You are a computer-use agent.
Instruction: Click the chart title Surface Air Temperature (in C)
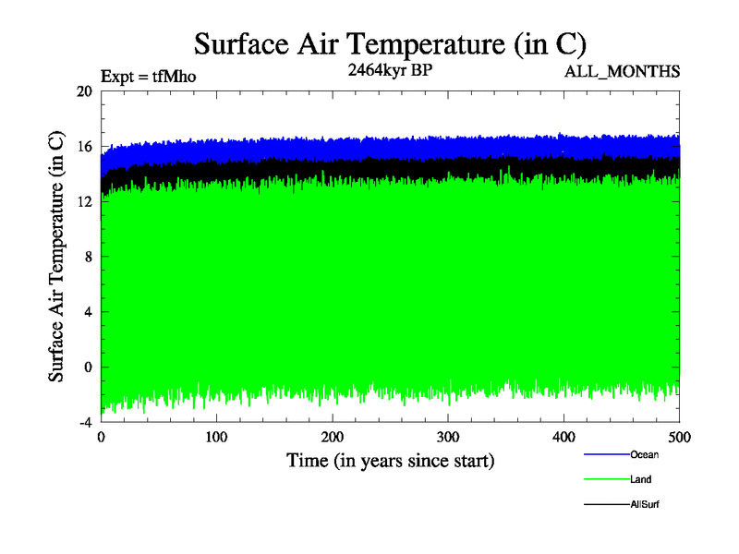[390, 43]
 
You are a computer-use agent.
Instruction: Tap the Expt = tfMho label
[148, 77]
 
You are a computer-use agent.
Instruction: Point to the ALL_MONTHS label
[623, 71]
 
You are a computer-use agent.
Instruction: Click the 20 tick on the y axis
[84, 91]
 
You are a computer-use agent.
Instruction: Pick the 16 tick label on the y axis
[84, 147]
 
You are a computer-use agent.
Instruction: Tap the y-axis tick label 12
[84, 201]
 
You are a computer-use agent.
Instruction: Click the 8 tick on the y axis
[87, 257]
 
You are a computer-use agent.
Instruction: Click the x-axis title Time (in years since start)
[390, 459]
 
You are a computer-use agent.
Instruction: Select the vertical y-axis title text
[56, 257]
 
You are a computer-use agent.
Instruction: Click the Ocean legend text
[645, 454]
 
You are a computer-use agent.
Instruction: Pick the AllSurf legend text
[645, 505]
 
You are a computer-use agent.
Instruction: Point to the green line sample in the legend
[606, 479]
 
